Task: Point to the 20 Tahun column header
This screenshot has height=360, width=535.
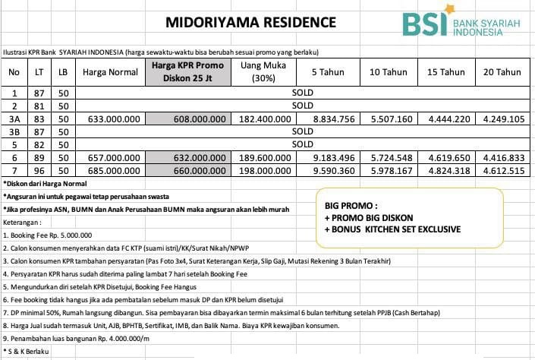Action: click(502, 72)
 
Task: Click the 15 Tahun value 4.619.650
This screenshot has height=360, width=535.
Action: click(449, 157)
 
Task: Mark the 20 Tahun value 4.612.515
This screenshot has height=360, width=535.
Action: click(503, 171)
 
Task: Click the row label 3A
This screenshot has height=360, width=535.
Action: click(14, 118)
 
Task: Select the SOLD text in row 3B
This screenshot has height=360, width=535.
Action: click(302, 131)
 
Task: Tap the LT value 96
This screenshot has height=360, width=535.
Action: click(39, 171)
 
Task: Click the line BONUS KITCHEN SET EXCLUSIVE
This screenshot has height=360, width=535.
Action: click(392, 229)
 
